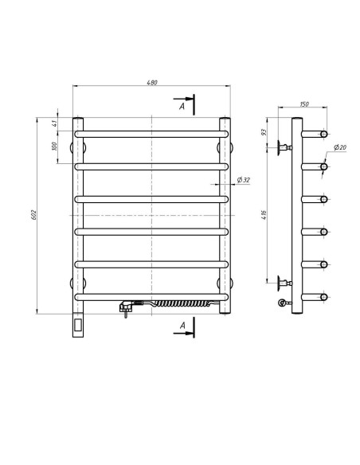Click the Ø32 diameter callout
click(x=243, y=181)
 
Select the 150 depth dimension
click(x=303, y=104)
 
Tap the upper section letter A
click(x=183, y=105)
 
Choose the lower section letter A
click(x=183, y=324)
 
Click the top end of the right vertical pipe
click(x=225, y=121)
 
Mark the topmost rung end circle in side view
click(x=324, y=133)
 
